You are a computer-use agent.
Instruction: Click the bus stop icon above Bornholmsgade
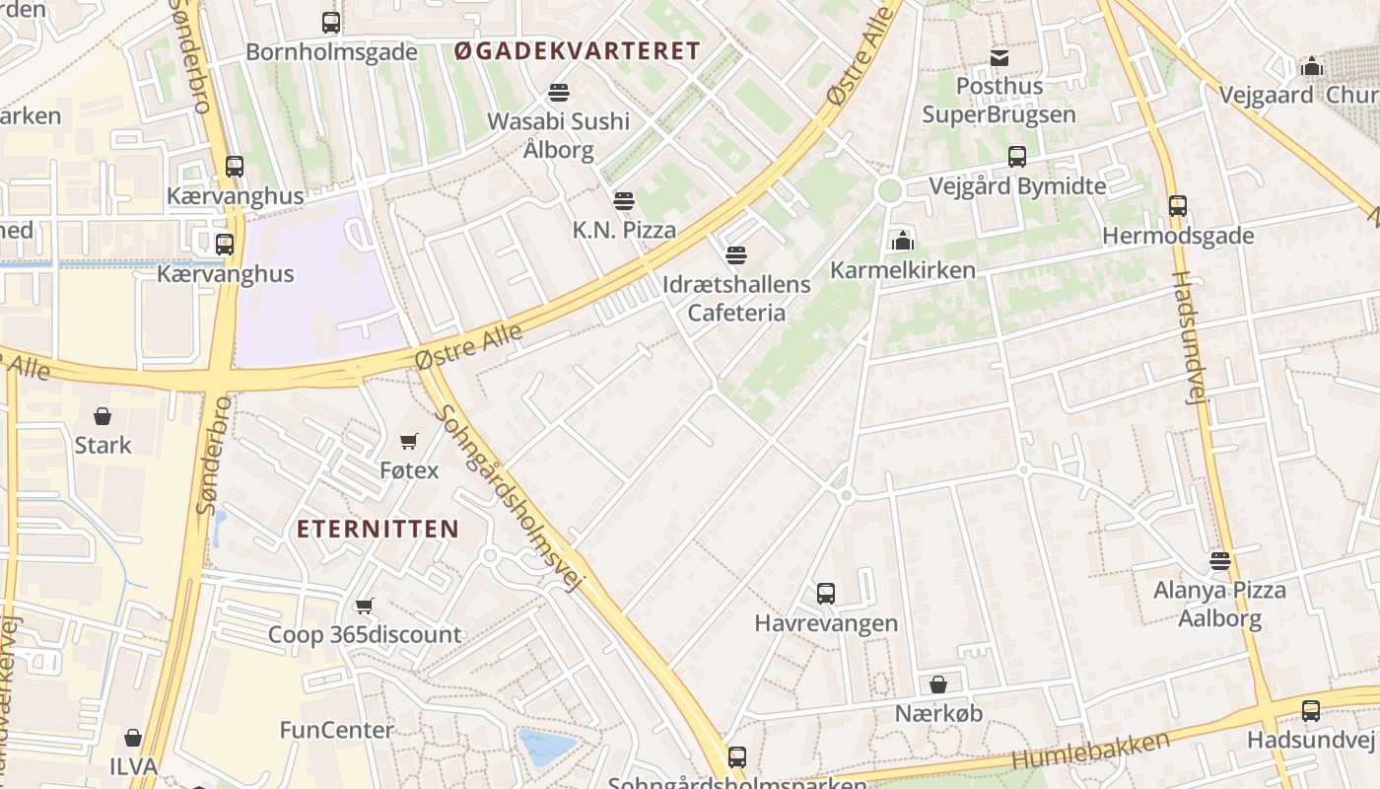click(x=331, y=23)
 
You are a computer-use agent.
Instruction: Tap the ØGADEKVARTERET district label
click(x=578, y=51)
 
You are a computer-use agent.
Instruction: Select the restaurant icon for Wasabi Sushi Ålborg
click(x=559, y=93)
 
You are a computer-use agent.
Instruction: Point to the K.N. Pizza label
click(x=625, y=231)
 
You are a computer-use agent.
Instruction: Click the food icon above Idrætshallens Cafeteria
click(x=736, y=255)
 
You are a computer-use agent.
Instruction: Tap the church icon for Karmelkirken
click(x=902, y=241)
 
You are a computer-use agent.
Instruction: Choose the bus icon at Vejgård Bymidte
click(x=1017, y=157)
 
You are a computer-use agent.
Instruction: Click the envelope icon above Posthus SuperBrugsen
click(x=1000, y=58)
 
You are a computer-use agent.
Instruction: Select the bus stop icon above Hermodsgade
click(x=1178, y=206)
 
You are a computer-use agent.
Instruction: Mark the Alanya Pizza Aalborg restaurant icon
click(x=1220, y=561)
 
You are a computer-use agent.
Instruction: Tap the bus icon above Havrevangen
click(x=826, y=594)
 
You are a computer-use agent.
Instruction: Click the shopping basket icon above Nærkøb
click(x=938, y=684)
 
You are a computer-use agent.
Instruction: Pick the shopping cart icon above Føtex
click(x=409, y=441)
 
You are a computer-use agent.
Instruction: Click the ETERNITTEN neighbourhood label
click(x=379, y=529)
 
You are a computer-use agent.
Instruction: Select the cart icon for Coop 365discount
click(x=365, y=606)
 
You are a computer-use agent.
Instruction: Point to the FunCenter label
click(x=337, y=731)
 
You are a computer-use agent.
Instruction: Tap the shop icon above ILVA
click(x=133, y=738)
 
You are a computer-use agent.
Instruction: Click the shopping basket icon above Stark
click(x=103, y=416)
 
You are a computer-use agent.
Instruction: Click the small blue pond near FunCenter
click(x=545, y=747)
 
